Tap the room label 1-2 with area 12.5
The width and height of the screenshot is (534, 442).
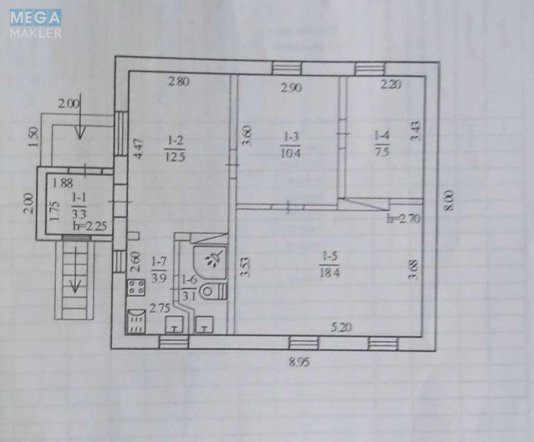176,148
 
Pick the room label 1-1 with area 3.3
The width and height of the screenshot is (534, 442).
79,206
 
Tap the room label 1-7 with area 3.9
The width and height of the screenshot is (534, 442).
160,269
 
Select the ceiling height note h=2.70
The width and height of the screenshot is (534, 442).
403,218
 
